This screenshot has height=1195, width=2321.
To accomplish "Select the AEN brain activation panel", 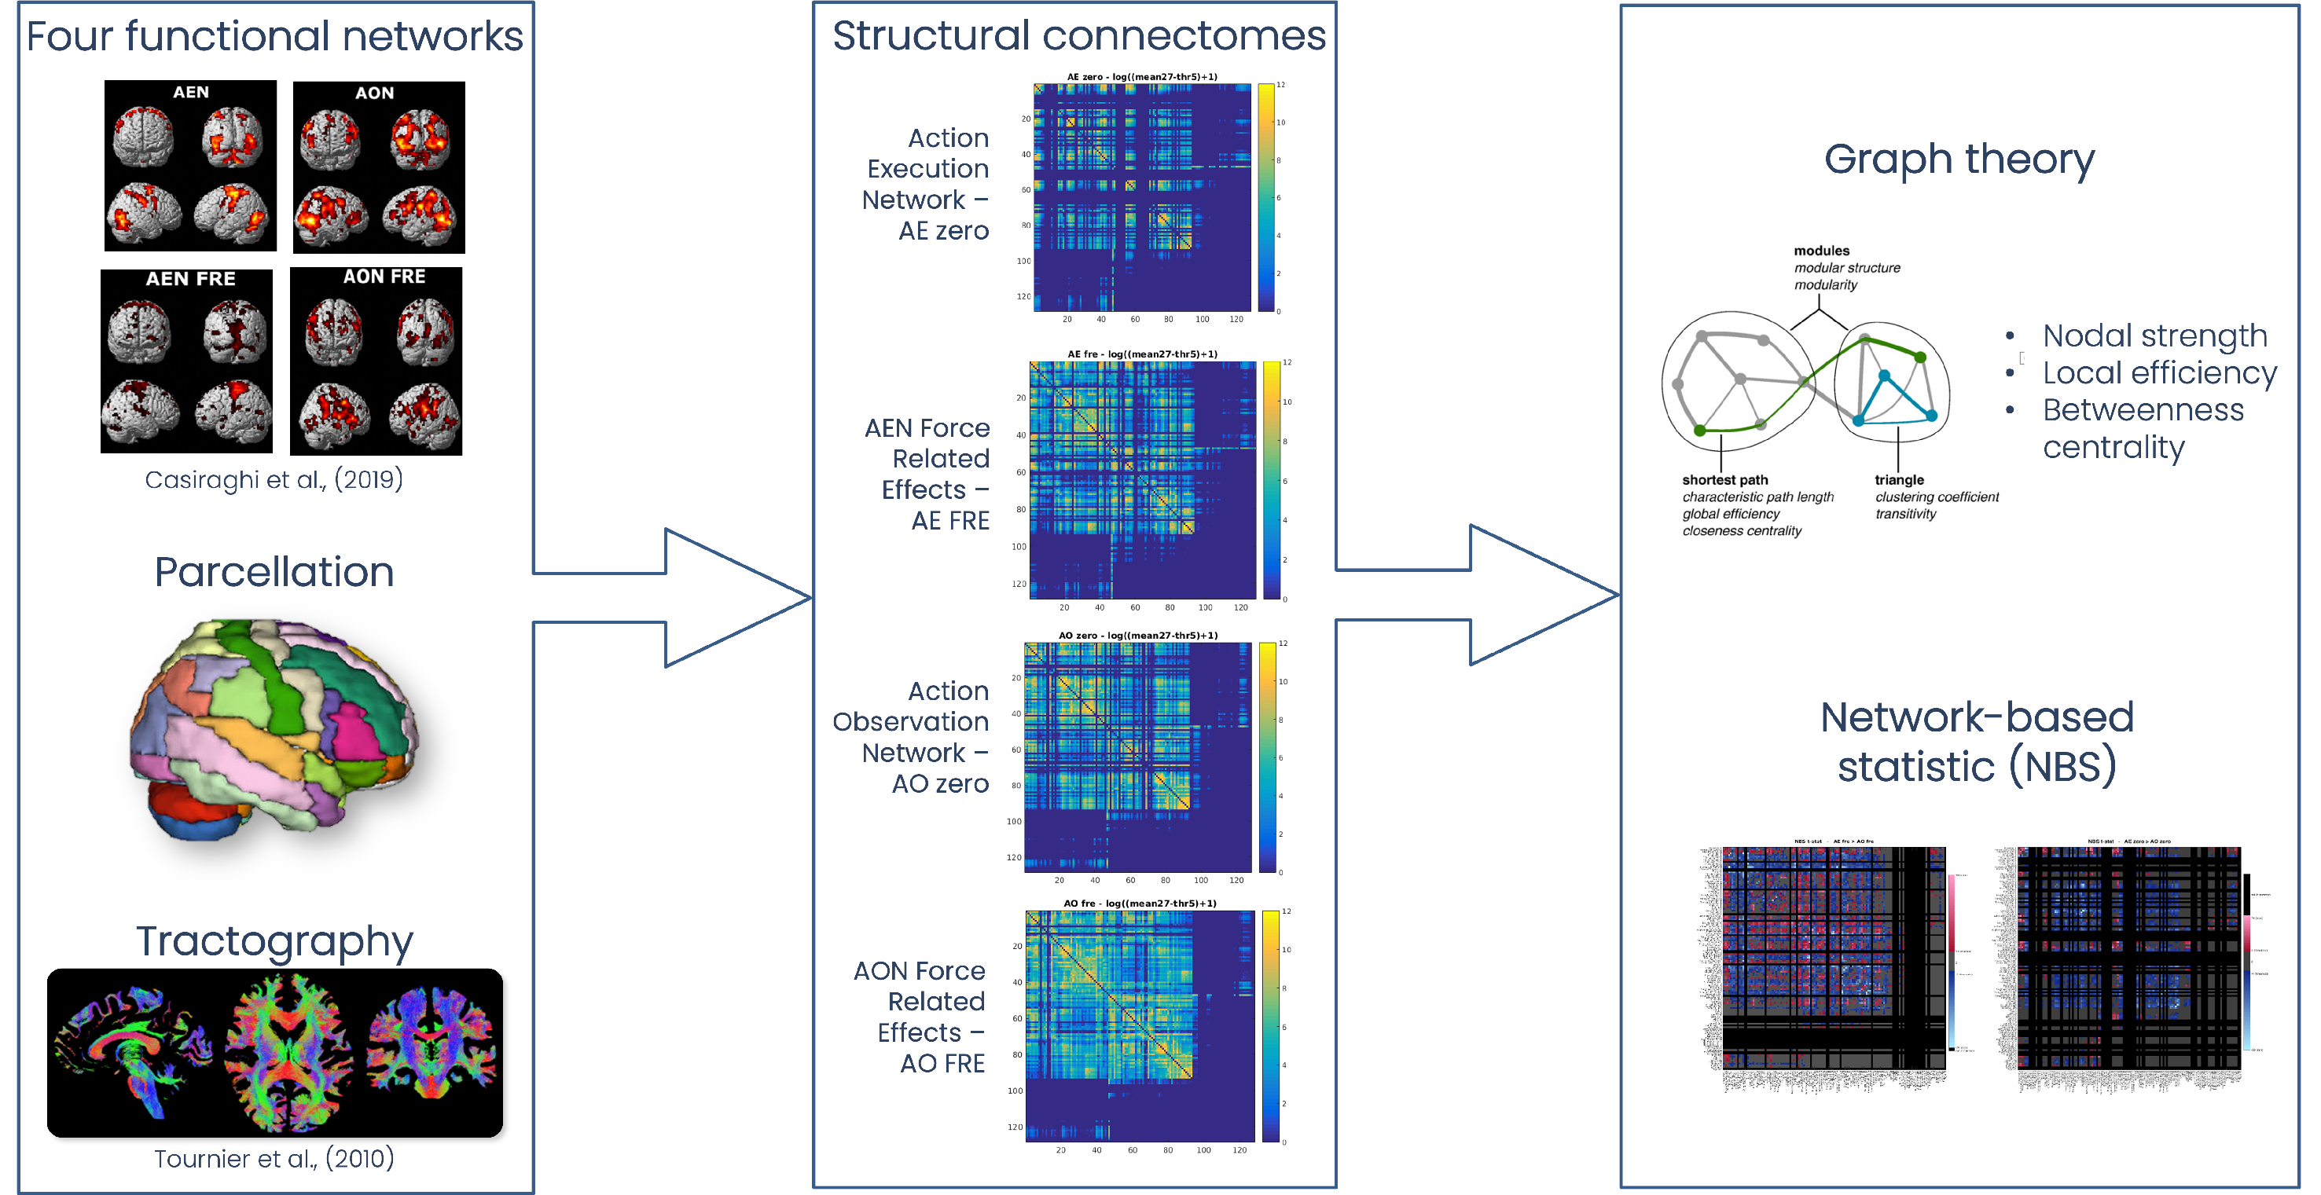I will tap(190, 166).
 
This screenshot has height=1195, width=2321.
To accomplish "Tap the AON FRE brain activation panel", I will tap(376, 361).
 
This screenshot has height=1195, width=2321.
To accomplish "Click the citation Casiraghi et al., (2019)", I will tap(274, 479).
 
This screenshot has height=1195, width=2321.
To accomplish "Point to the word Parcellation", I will tap(274, 572).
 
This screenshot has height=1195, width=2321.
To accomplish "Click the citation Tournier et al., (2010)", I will tap(274, 1158).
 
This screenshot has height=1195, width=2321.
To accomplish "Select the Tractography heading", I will tap(274, 941).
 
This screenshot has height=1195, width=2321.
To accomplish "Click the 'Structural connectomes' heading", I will tap(1078, 36).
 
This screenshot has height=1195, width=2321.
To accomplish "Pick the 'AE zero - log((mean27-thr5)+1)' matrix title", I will tap(1141, 76).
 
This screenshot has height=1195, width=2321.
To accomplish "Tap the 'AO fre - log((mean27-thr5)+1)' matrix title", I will tap(1140, 904).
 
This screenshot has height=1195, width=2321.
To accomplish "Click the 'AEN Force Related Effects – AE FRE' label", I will tap(928, 474).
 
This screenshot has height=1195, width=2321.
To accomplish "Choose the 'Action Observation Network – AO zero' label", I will tap(912, 737).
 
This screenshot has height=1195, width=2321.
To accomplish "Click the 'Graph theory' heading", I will tap(1959, 159).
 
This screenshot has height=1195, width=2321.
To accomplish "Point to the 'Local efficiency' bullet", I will tap(2159, 373).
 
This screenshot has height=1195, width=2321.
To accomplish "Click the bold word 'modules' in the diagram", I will tap(1821, 251).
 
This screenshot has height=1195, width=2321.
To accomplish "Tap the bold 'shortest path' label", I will tap(1724, 480).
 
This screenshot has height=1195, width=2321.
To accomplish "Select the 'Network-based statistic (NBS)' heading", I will tap(1977, 742).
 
